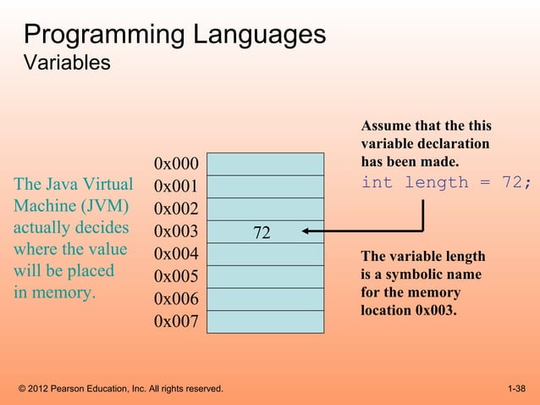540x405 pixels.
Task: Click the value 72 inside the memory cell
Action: [x=262, y=232]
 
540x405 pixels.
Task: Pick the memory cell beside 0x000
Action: [x=266, y=164]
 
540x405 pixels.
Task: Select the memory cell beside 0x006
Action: [x=266, y=299]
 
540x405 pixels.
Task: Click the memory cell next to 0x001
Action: [x=266, y=186]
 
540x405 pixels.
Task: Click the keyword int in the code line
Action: [x=377, y=183]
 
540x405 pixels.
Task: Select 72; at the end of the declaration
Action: [x=515, y=183]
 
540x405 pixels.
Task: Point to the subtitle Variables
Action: [x=67, y=64]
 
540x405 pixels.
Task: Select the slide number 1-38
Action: [x=516, y=389]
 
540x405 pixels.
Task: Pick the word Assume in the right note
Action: [x=386, y=126]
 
